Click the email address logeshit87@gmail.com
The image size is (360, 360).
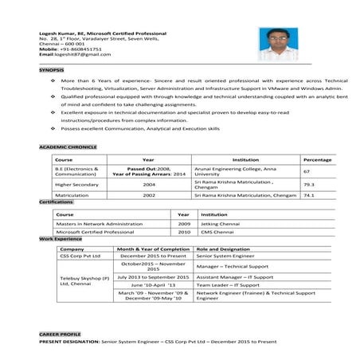(76, 54)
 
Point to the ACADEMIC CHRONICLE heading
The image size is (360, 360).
(68, 147)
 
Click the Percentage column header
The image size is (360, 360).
(317, 160)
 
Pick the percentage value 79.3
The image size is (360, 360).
(308, 184)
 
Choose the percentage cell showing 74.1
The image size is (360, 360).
(308, 194)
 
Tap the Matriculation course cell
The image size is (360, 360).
(72, 194)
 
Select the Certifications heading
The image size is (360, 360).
(57, 202)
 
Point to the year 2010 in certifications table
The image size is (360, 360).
(184, 232)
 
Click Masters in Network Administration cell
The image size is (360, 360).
(93, 224)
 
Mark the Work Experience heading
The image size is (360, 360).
(61, 239)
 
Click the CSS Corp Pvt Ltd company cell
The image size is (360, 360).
(80, 256)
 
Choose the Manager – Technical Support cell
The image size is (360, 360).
(231, 266)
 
